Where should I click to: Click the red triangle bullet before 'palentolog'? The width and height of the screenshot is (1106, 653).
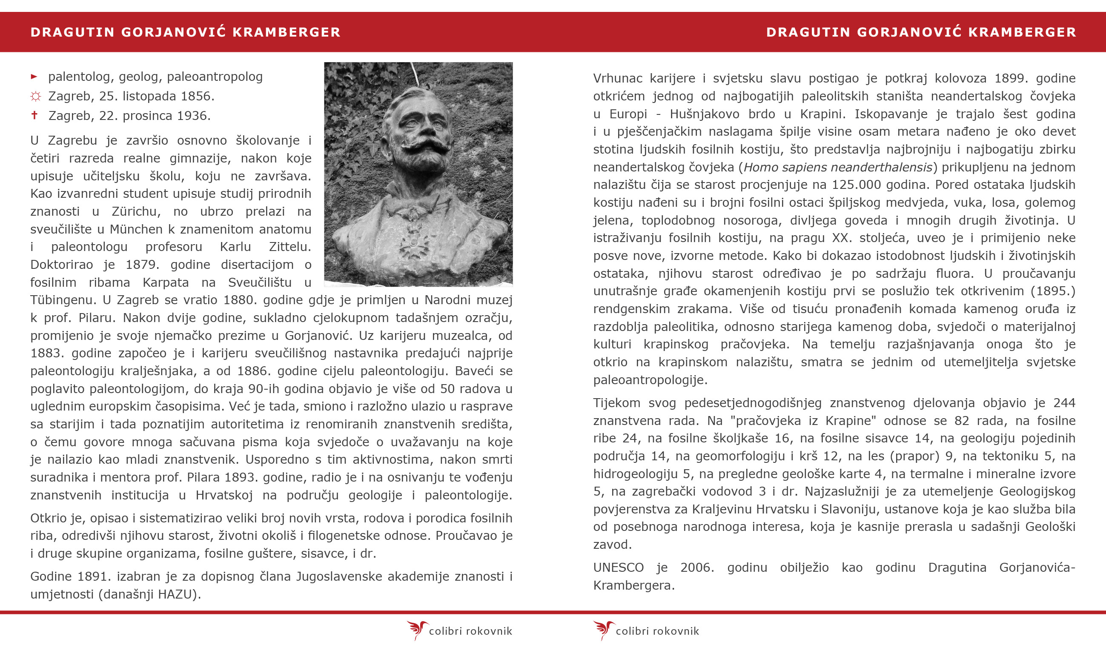[34, 77]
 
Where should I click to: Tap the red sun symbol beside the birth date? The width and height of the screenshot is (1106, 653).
[36, 97]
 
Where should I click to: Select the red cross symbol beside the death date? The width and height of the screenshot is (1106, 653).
[34, 115]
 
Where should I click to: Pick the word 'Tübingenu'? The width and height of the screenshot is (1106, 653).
[63, 300]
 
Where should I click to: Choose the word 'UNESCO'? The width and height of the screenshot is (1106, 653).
[618, 567]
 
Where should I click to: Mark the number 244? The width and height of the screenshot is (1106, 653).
[1064, 403]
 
